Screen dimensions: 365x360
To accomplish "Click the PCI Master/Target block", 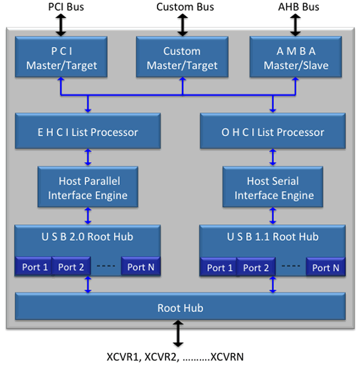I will [x=61, y=58].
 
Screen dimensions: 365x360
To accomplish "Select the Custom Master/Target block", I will [x=181, y=58].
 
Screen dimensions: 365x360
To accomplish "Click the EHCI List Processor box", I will [x=87, y=132].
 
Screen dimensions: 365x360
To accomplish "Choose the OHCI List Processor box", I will [x=272, y=132].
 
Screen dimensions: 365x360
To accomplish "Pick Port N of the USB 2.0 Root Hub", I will [x=141, y=267].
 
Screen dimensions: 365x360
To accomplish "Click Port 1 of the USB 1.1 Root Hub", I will [x=220, y=267].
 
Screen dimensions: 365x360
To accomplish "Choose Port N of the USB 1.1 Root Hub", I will [x=325, y=267].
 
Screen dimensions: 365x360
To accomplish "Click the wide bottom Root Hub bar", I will [x=179, y=307].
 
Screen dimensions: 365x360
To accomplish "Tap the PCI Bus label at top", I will [x=61, y=7].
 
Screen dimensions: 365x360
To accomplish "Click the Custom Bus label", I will [x=181, y=7].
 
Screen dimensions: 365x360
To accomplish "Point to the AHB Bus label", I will [x=296, y=7].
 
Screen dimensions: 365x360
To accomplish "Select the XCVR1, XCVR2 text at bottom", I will [x=175, y=356].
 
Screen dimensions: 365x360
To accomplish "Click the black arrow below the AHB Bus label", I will [x=296, y=24].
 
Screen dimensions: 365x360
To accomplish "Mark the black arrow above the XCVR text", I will [x=178, y=335].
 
